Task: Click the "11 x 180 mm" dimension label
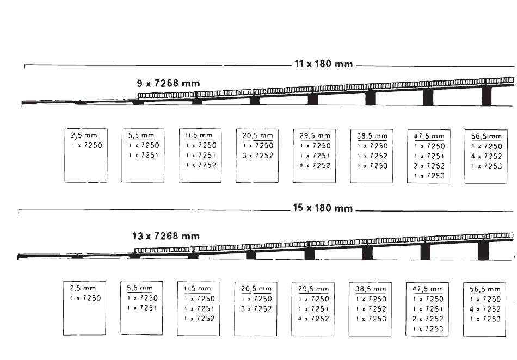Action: click(x=323, y=64)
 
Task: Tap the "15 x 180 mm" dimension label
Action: click(x=323, y=208)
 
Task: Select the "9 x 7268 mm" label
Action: click(x=168, y=84)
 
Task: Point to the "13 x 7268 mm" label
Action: click(x=165, y=236)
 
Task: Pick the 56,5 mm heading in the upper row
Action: click(x=486, y=136)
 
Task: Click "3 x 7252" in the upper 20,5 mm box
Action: click(x=258, y=156)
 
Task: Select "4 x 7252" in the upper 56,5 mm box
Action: click(x=486, y=156)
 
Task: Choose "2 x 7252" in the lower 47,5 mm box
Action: click(x=428, y=319)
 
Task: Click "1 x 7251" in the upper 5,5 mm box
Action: click(x=144, y=156)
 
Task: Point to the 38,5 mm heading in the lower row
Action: click(x=371, y=289)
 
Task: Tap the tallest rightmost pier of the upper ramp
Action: click(x=487, y=96)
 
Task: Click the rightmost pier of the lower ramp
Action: click(x=483, y=250)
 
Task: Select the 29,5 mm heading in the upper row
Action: click(x=315, y=135)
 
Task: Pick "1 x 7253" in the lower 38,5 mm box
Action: click(x=371, y=319)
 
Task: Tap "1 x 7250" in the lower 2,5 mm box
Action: click(x=86, y=298)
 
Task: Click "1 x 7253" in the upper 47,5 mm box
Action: click(x=429, y=176)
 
